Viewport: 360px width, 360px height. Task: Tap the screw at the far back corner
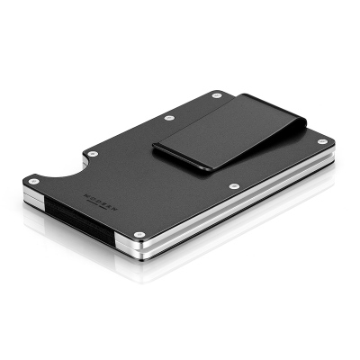click(216, 94)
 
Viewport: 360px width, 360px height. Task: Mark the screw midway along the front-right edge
click(234, 186)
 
